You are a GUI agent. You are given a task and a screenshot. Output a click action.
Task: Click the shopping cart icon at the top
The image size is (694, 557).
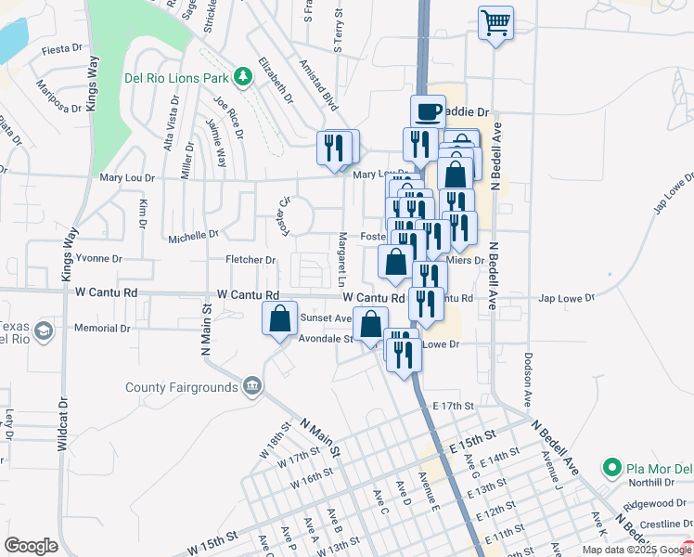click(x=495, y=21)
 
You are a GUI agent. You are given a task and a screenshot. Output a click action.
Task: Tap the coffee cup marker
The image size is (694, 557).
click(x=427, y=112)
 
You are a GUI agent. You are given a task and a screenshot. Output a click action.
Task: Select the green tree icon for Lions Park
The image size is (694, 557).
click(x=244, y=75)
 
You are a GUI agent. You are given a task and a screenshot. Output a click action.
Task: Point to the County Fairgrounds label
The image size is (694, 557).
click(x=183, y=387)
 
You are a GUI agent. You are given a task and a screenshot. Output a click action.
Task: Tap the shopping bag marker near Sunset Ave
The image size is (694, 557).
click(x=280, y=319)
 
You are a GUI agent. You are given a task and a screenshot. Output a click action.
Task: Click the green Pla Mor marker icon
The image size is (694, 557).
click(x=610, y=466)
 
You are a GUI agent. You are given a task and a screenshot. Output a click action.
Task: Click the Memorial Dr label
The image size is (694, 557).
click(x=102, y=329)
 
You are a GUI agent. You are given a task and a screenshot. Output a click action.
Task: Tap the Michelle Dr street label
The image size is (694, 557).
click(x=193, y=237)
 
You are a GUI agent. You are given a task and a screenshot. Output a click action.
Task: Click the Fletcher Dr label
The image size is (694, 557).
click(x=251, y=260)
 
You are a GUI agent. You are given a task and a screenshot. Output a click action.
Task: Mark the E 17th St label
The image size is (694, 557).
click(x=454, y=406)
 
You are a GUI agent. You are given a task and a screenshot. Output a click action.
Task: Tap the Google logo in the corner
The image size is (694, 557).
click(x=31, y=546)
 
